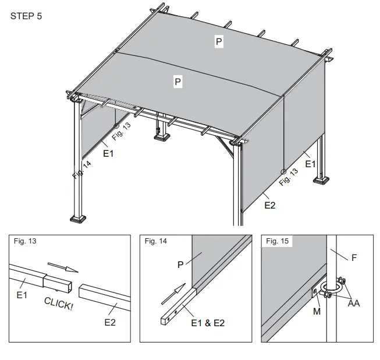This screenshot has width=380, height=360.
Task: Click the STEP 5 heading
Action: (26, 16)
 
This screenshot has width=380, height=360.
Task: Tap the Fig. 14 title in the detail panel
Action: (155, 241)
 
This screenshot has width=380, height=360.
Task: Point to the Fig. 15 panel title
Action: (278, 241)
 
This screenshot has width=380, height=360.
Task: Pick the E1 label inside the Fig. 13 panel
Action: (23, 295)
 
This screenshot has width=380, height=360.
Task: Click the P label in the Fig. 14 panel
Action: (180, 264)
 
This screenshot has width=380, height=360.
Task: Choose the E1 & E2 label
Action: (207, 323)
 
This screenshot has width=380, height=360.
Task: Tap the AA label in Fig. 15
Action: (353, 303)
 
